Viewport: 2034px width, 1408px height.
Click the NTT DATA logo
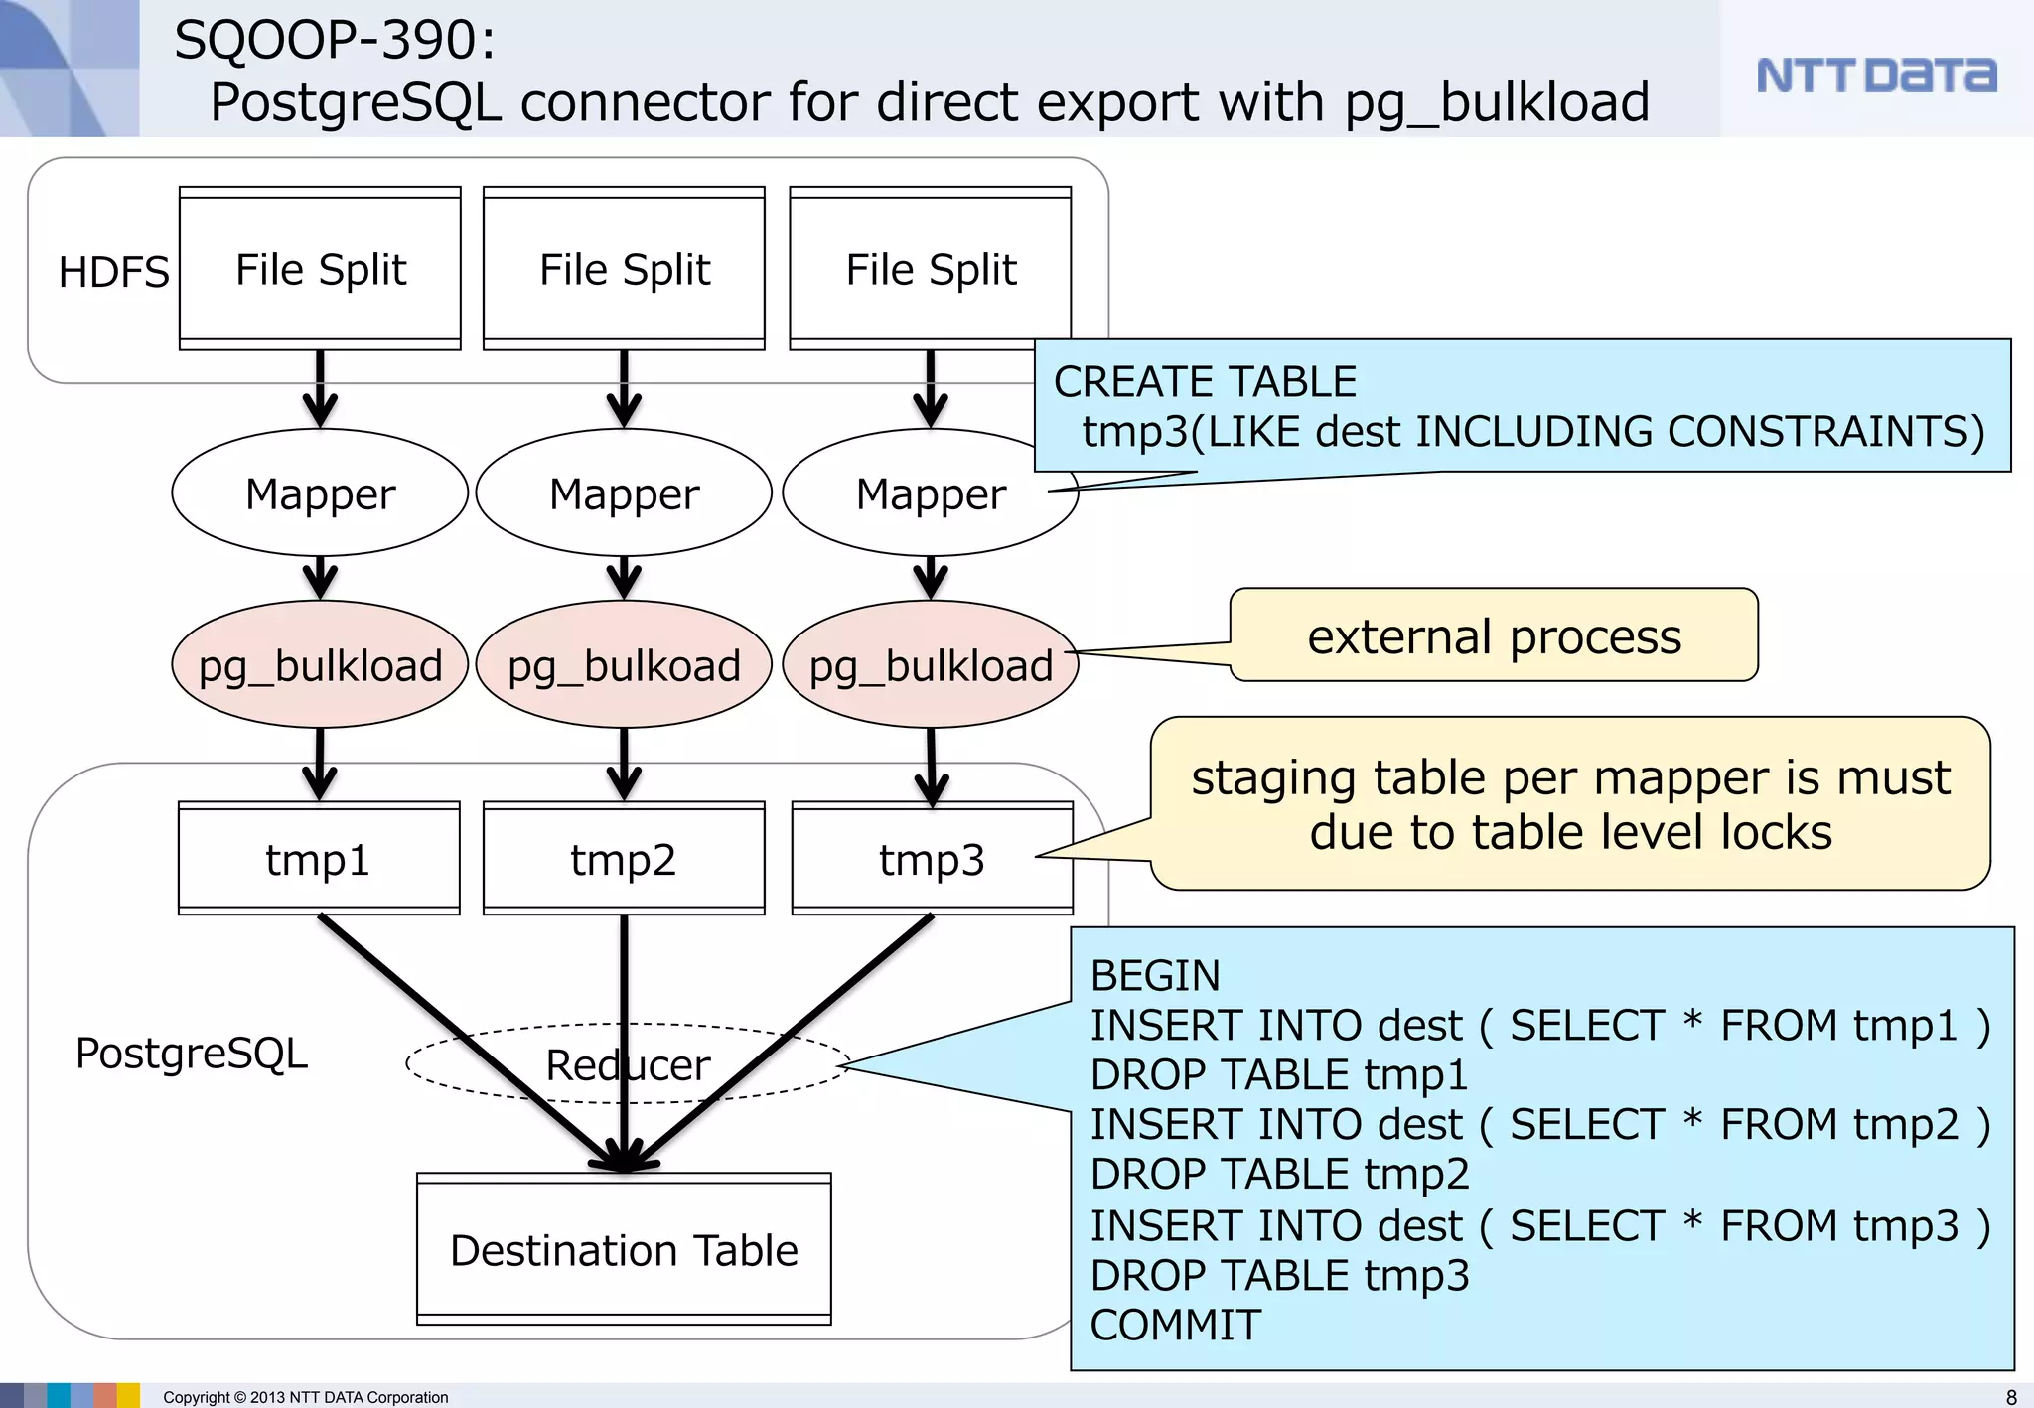(1875, 75)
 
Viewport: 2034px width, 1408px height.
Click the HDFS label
(113, 272)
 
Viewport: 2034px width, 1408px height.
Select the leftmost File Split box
(320, 269)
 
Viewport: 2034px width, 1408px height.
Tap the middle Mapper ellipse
(624, 493)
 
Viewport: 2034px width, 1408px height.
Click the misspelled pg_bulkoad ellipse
(624, 665)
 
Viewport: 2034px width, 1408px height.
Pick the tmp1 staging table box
(319, 859)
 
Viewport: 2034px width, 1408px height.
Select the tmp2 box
(624, 859)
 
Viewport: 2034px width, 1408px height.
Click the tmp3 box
(932, 859)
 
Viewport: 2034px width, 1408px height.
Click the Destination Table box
(624, 1250)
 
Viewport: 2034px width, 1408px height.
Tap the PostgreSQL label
(191, 1053)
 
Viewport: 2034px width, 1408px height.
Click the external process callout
(1494, 635)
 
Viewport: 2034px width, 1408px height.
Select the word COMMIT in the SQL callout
(1175, 1325)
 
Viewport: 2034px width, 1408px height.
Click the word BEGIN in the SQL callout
(1154, 975)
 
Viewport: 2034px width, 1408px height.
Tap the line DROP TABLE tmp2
(1278, 1174)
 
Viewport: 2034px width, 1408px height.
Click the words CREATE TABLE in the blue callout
(1204, 381)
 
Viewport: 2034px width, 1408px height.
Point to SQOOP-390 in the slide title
(334, 40)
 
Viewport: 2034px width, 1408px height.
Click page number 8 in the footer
(2011, 1397)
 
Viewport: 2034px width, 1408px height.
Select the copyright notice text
(305, 1397)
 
